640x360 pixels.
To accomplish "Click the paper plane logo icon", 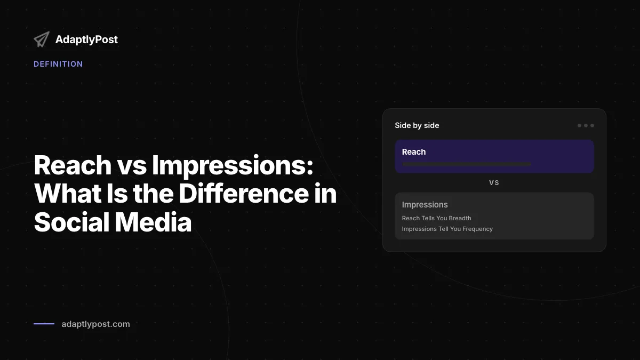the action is pos(42,39).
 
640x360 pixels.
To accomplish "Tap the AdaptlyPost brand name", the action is pos(86,39).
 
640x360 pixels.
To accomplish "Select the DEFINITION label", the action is pos(58,64).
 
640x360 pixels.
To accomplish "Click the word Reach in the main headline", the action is pos(73,165).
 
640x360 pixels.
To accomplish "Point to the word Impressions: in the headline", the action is pos(233,166).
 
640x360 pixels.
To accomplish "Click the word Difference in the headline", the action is pos(244,194).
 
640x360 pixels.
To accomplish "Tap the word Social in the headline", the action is pos(71,222).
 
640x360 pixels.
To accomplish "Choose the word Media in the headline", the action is pos(153,222).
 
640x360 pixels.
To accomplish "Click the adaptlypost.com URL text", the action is pos(95,324).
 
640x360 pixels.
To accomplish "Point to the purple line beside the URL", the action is pos(44,324).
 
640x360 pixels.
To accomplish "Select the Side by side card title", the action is pos(417,125).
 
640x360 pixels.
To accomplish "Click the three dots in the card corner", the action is pos(586,125).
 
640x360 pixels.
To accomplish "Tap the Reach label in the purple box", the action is pos(414,151).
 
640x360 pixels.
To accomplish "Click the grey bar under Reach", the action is pos(467,164).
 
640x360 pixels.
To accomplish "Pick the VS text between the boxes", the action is pos(494,183).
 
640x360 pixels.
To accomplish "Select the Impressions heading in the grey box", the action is pos(425,205).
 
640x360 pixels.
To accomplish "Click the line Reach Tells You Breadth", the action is pos(437,218).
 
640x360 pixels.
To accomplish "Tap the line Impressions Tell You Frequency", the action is pos(447,229).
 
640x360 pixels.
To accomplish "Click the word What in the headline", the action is pos(67,194).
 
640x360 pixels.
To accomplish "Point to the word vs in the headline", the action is pos(132,169).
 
